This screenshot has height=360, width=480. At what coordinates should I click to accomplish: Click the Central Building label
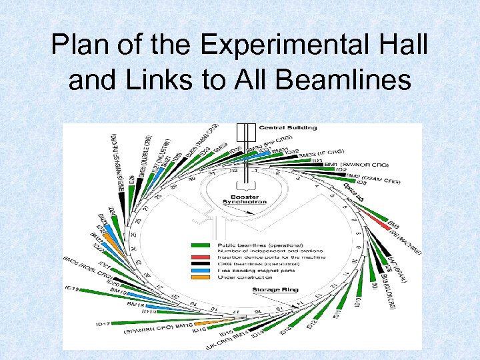287,127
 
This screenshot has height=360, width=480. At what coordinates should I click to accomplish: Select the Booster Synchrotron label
244,199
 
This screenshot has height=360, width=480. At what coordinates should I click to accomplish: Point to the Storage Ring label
275,290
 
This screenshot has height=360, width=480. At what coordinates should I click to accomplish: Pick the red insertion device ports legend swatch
201,257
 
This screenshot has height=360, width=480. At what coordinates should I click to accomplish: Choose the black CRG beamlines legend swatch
201,263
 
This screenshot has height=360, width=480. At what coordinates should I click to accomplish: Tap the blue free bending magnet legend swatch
201,270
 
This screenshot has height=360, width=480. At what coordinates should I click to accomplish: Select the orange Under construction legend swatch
201,277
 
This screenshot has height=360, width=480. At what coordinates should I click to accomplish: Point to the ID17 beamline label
103,324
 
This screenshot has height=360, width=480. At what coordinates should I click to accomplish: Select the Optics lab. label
354,194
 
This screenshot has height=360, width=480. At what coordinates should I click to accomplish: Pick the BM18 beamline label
136,304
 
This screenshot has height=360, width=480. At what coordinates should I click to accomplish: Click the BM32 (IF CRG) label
326,155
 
